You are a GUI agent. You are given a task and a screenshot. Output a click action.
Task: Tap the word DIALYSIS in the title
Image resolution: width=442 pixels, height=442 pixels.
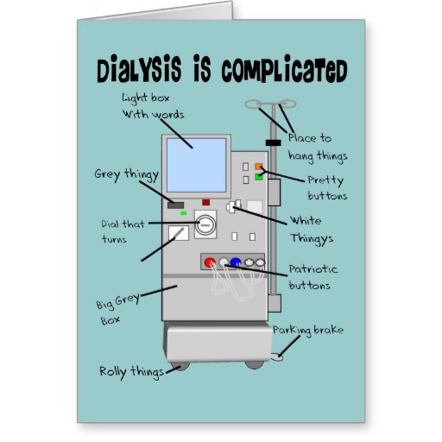[x=139, y=68]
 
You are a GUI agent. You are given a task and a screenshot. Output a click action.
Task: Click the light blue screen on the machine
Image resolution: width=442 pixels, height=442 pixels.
[x=197, y=165]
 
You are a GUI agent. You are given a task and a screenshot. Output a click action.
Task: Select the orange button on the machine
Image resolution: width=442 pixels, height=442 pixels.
[x=259, y=167]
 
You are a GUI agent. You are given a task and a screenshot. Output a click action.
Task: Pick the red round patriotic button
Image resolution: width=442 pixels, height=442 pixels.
[x=210, y=262]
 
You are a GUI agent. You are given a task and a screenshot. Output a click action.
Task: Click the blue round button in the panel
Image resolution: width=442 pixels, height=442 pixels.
[x=236, y=262]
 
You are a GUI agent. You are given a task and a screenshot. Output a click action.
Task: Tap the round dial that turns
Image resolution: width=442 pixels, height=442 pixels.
[x=205, y=224]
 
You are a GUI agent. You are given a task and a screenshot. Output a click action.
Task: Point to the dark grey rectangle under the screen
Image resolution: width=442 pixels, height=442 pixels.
[x=175, y=205]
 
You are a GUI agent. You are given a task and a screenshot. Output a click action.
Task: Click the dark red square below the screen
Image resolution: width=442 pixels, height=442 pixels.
[x=205, y=202]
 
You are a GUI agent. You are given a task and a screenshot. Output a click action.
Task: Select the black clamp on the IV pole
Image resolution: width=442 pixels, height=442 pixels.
[x=274, y=142]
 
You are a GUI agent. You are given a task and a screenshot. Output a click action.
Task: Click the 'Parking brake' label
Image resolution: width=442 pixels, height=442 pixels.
[x=308, y=331]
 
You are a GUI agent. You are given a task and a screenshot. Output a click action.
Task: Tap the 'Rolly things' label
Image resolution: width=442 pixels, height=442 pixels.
[x=131, y=372]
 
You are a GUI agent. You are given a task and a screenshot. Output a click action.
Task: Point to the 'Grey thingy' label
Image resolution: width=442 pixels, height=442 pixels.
[x=127, y=175]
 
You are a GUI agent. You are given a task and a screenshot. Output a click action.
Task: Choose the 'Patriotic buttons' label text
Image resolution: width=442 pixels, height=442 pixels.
[x=313, y=277]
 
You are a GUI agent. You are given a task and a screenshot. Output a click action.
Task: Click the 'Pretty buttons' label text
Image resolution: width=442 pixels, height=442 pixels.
[x=327, y=187]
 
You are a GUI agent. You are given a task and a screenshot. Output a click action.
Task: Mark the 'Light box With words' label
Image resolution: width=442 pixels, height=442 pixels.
[x=153, y=106]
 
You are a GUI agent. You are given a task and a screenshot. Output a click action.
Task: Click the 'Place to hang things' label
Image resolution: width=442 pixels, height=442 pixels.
[x=318, y=148]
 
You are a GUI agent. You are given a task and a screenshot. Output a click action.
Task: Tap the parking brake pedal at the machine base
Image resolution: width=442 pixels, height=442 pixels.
[x=277, y=357]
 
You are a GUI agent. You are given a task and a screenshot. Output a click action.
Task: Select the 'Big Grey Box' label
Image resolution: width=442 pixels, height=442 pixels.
[x=117, y=309]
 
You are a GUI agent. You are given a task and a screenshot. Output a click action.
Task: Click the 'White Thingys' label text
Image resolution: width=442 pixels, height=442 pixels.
[x=312, y=230]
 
